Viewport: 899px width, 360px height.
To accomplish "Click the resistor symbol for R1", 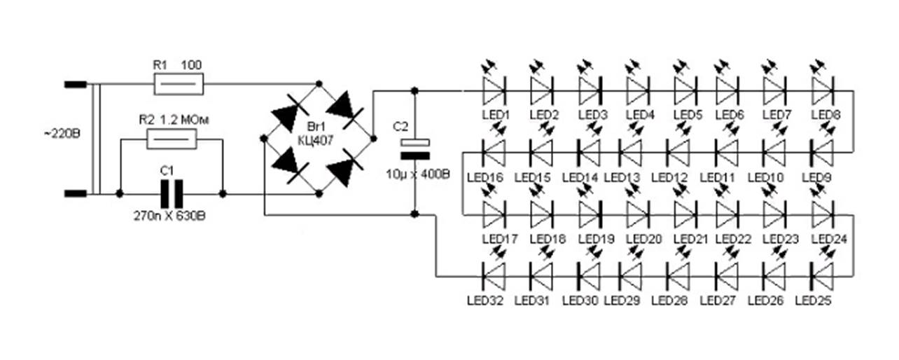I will tap(179, 85).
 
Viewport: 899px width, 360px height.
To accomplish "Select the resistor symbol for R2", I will tap(172, 141).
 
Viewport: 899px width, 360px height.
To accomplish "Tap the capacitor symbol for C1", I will tap(172, 193).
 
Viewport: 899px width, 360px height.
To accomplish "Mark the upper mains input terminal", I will tap(75, 85).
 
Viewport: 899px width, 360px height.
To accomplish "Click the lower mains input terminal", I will tap(75, 193).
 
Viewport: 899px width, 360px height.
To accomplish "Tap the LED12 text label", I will tap(669, 178).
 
